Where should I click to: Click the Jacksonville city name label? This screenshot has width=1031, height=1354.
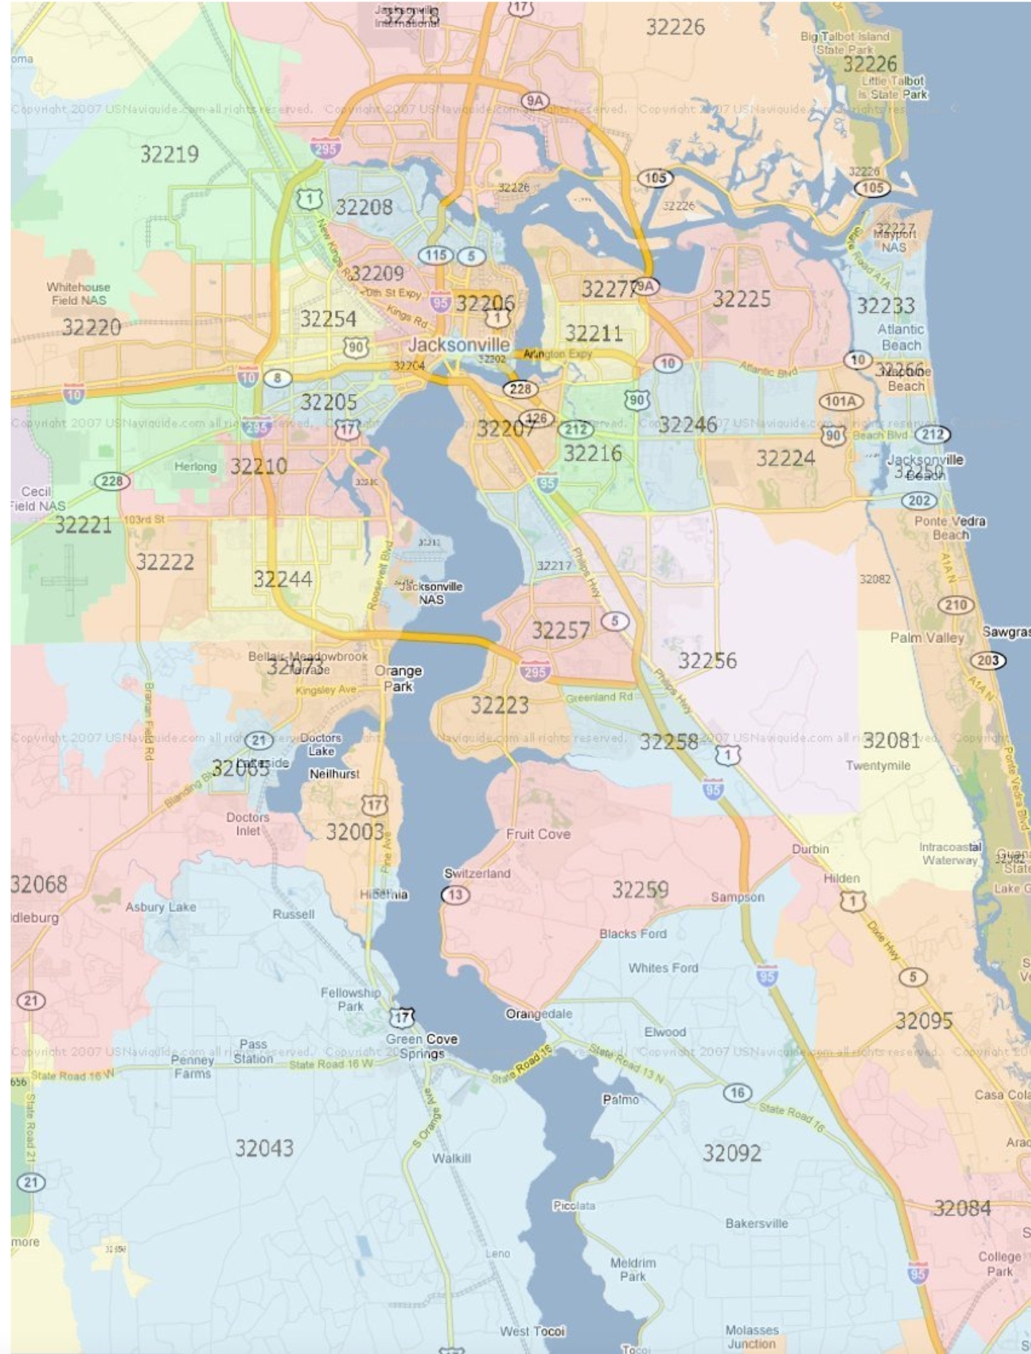(458, 345)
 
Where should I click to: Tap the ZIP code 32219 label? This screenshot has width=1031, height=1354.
(169, 154)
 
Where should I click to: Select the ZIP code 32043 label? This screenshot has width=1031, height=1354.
(264, 1148)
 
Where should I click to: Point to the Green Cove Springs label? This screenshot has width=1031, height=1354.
(422, 1046)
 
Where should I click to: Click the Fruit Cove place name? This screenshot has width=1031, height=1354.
(538, 834)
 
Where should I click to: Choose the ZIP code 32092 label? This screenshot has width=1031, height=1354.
(732, 1153)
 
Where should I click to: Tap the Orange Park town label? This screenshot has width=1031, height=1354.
(398, 678)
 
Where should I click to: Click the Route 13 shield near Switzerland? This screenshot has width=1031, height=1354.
(456, 895)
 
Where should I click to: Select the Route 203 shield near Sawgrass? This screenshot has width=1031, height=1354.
(987, 660)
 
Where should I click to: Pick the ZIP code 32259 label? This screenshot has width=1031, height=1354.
(640, 890)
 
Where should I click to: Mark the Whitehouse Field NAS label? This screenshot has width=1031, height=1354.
(78, 293)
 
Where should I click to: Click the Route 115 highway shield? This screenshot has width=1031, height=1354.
(436, 255)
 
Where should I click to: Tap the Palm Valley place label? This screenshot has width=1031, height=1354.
(927, 637)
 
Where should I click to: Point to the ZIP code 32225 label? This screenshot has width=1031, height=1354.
(741, 298)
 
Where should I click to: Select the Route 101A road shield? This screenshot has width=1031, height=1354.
(840, 401)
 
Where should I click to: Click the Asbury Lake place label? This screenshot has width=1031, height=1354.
(161, 907)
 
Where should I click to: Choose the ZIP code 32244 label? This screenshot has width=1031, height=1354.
(282, 578)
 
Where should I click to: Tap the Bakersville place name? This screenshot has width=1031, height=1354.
(756, 1223)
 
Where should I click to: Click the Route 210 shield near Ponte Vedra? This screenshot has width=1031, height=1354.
(956, 605)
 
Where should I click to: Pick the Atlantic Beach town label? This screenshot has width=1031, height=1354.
(901, 337)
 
